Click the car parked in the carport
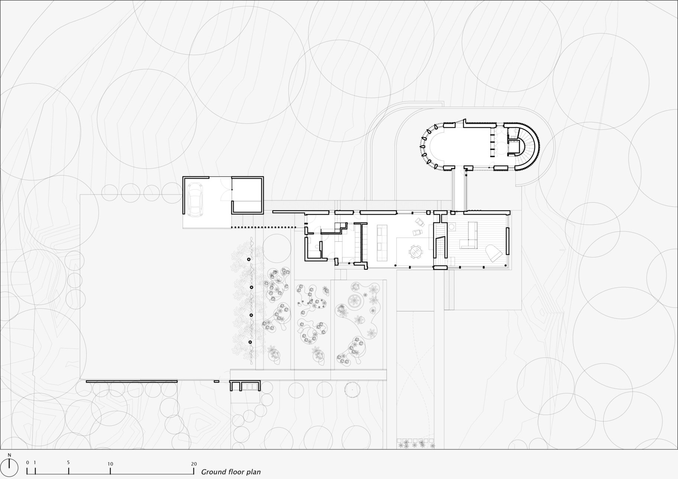(x=195, y=199)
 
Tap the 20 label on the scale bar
(x=194, y=464)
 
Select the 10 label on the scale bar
(x=110, y=464)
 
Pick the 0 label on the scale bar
(x=28, y=463)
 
